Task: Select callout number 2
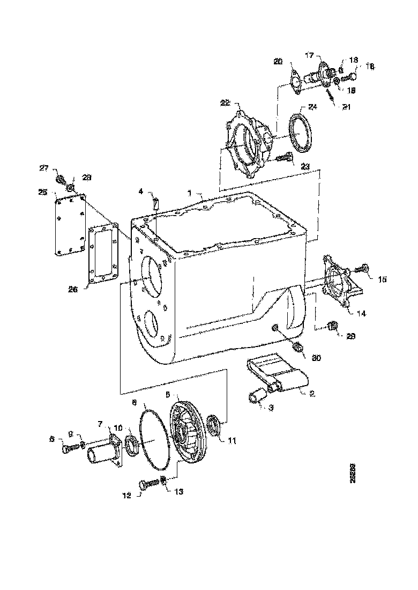coord(312,393)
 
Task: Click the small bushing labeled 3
coord(256,398)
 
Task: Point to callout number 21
coord(346,107)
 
